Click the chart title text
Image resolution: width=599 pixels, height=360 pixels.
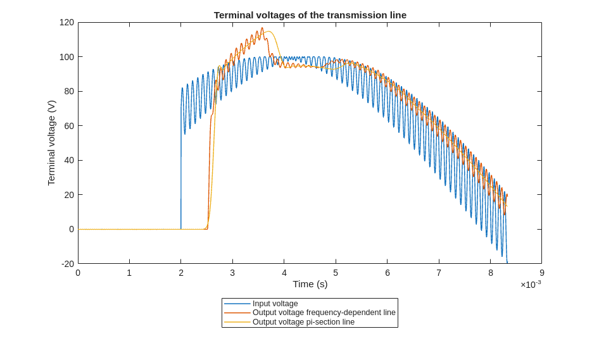click(x=310, y=15)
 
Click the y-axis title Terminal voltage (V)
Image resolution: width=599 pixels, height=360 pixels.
click(x=52, y=143)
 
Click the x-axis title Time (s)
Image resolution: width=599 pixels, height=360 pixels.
click(x=310, y=284)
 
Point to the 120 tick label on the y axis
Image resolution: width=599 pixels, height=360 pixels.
click(x=66, y=23)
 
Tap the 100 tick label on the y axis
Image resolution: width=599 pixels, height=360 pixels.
click(x=66, y=57)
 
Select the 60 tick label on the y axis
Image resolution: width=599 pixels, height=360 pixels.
click(x=69, y=126)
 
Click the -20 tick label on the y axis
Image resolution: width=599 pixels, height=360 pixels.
click(x=67, y=264)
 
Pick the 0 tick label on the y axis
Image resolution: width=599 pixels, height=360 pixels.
click(x=72, y=229)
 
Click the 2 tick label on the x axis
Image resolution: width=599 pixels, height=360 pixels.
click(x=181, y=273)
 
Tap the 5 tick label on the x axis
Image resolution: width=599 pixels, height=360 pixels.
click(x=336, y=273)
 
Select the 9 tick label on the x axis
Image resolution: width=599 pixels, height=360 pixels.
click(x=541, y=273)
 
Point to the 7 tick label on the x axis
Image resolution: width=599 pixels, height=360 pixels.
click(x=439, y=273)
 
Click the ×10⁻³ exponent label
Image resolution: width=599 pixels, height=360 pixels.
click(x=531, y=284)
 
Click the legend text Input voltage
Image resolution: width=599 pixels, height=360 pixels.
click(x=275, y=304)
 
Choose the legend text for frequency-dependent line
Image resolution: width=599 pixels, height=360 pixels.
click(x=324, y=313)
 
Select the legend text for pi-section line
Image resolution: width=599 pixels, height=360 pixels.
click(x=303, y=322)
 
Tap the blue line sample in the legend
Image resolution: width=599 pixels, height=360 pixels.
click(x=237, y=304)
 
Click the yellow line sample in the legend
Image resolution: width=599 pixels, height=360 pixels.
click(x=237, y=322)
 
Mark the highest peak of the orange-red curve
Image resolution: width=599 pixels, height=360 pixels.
click(x=262, y=28)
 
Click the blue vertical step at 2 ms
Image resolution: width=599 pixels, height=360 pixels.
click(x=181, y=177)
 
